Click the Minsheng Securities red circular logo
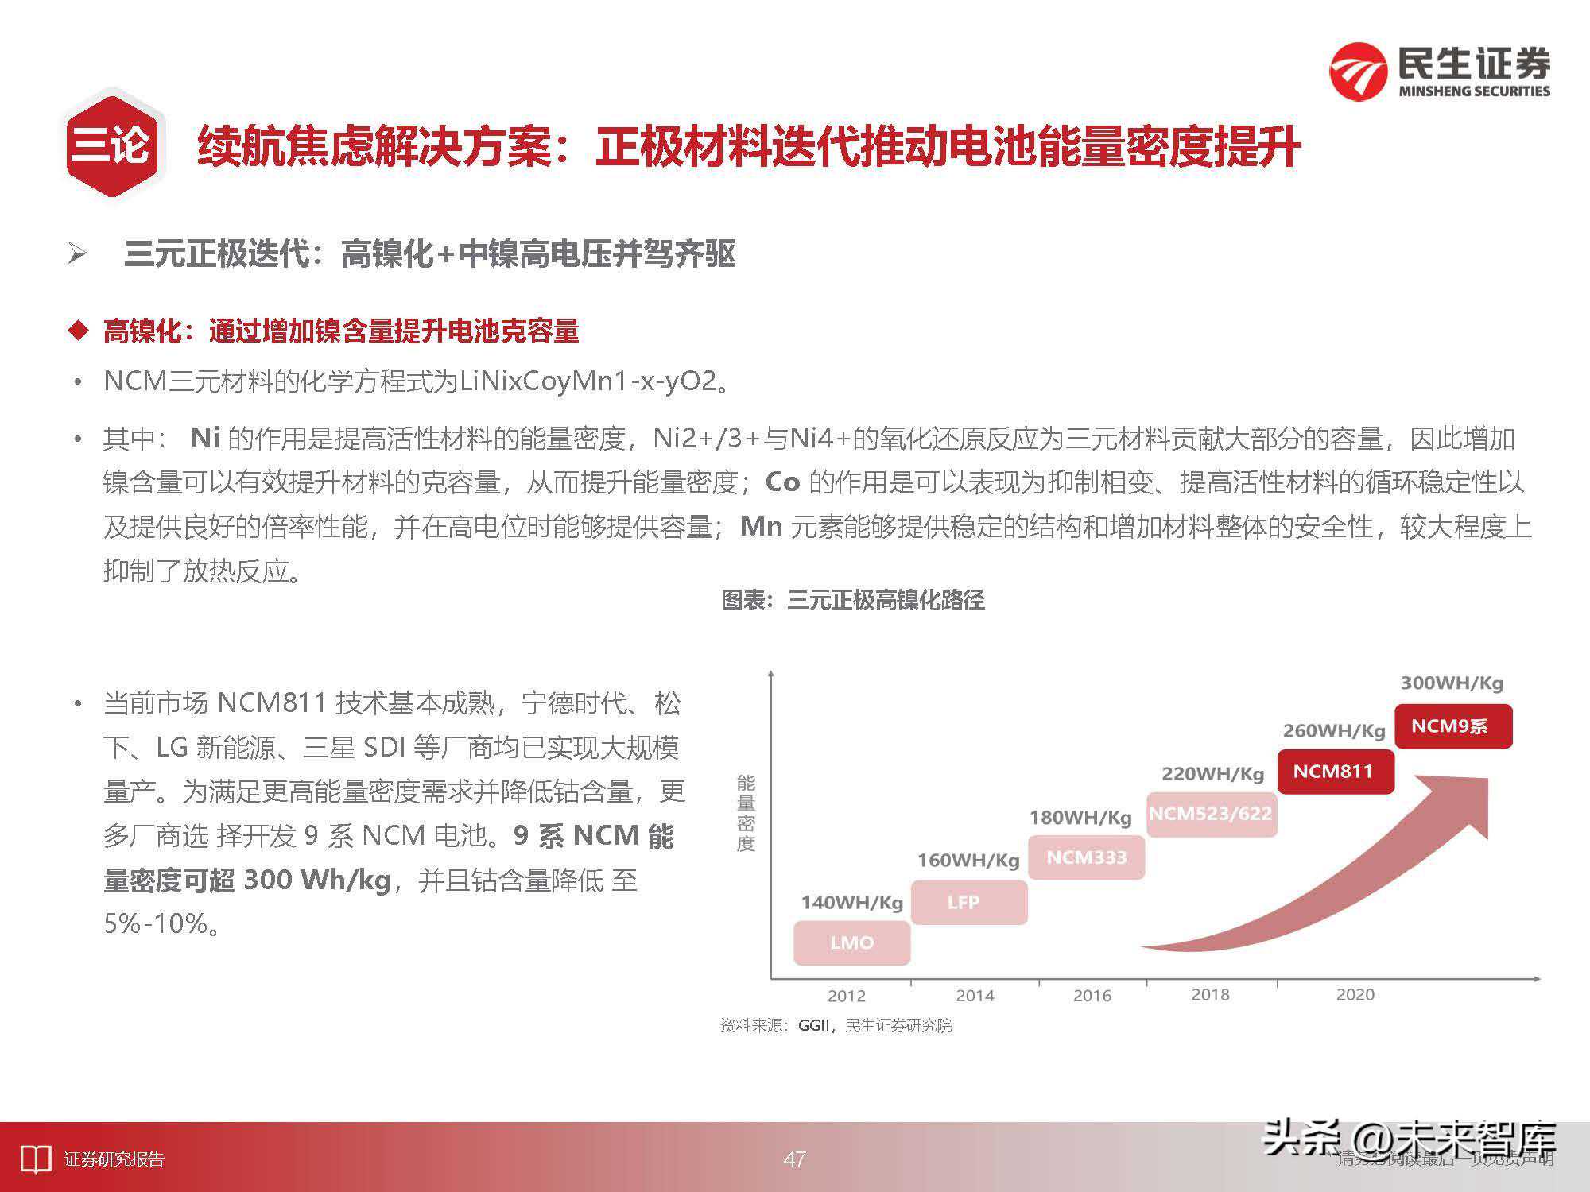1359,72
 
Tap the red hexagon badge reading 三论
114,146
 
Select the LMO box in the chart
851,942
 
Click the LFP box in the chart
968,902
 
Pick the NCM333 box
1086,857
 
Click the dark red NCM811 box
1336,771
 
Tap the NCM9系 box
1453,726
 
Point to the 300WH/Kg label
1452,683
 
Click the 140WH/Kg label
851,902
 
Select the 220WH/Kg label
1212,773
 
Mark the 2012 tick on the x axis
846,996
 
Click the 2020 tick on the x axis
1355,994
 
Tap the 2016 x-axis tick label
1092,996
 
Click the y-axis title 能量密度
745,813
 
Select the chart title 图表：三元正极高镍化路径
852,600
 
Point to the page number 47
794,1159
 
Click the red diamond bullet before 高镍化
78,331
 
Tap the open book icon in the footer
35,1159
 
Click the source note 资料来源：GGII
836,1026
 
